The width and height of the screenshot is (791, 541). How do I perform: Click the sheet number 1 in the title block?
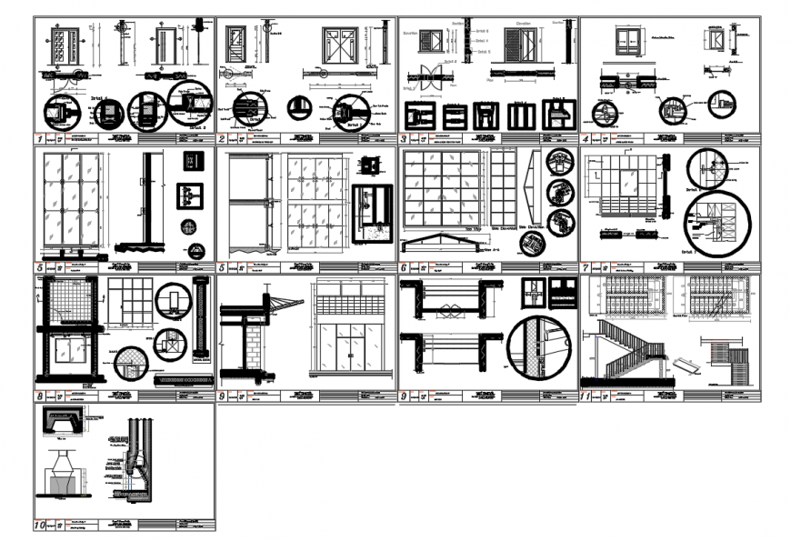pos(40,139)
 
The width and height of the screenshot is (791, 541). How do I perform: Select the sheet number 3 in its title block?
pos(403,139)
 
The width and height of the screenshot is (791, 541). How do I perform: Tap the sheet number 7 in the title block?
pos(586,268)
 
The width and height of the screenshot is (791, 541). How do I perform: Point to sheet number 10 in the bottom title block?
pos(40,525)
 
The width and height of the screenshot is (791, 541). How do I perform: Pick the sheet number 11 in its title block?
pos(586,396)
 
